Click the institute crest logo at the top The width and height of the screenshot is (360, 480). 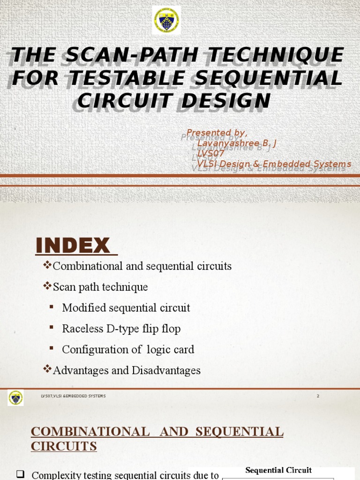[x=166, y=20]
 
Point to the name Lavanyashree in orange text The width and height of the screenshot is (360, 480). [x=224, y=143]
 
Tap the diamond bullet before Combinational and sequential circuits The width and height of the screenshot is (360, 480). [x=47, y=265]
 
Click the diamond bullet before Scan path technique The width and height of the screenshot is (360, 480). [x=47, y=286]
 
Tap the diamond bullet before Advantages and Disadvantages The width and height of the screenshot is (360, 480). [x=47, y=369]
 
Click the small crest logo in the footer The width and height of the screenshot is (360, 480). [x=15, y=398]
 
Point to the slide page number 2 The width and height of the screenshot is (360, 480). [x=318, y=396]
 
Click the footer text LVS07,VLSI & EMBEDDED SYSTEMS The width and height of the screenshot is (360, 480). [x=73, y=396]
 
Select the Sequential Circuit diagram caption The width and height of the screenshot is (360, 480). [x=278, y=470]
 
